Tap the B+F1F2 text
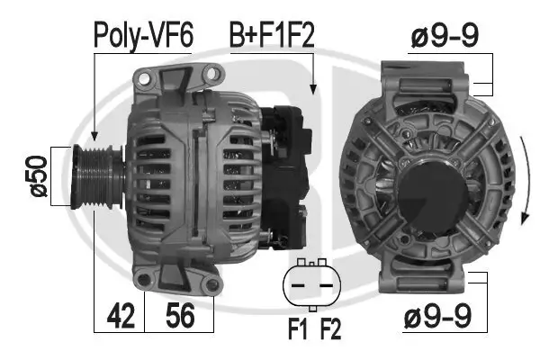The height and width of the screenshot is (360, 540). pyautogui.click(x=271, y=35)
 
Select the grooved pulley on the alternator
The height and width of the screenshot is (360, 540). pyautogui.click(x=89, y=176)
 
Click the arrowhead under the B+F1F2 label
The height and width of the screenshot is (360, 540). pyautogui.click(x=313, y=89)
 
